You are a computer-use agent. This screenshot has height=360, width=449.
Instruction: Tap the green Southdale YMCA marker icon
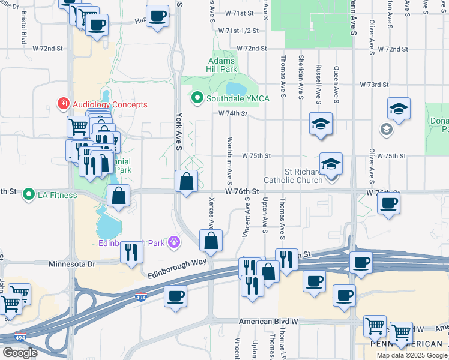pyautogui.click(x=196, y=98)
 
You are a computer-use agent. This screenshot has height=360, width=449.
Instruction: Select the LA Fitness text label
pyautogui.click(x=58, y=195)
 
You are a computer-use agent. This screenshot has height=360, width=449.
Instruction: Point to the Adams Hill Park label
pyautogui.click(x=222, y=65)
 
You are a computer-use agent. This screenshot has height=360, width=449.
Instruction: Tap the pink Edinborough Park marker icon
pyautogui.click(x=174, y=242)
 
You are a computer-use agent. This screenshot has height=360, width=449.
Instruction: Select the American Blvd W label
pyautogui.click(x=268, y=321)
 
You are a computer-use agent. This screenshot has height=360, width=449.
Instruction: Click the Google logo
pyautogui.click(x=20, y=353)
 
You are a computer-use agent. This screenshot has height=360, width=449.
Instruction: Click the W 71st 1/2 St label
pyautogui.click(x=238, y=30)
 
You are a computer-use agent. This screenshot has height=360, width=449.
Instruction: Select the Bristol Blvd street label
pyautogui.click(x=24, y=27)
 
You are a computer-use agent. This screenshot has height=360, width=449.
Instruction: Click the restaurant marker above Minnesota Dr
pyautogui.click(x=131, y=253)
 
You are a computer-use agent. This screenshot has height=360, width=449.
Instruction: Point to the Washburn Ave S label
pyautogui.click(x=229, y=162)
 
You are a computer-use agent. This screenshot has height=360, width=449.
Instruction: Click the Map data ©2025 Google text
pyautogui.click(x=412, y=355)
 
